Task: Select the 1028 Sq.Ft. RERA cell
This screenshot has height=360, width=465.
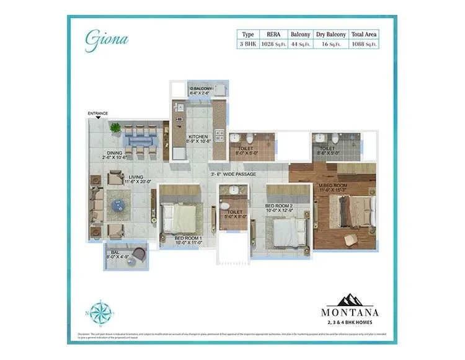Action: [x=273, y=44]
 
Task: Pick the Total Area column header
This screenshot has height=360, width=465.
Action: [x=365, y=34]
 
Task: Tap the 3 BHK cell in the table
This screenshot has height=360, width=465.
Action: [x=248, y=44]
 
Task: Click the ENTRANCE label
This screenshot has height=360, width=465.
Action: [x=98, y=113]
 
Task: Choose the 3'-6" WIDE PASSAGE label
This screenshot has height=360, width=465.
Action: [x=232, y=174]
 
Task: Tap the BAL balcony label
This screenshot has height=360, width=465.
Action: [x=115, y=253]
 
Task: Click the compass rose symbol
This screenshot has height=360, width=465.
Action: [x=99, y=311]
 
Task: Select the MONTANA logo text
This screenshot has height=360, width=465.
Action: [x=350, y=312]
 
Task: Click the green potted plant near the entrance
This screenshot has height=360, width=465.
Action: [x=115, y=128]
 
